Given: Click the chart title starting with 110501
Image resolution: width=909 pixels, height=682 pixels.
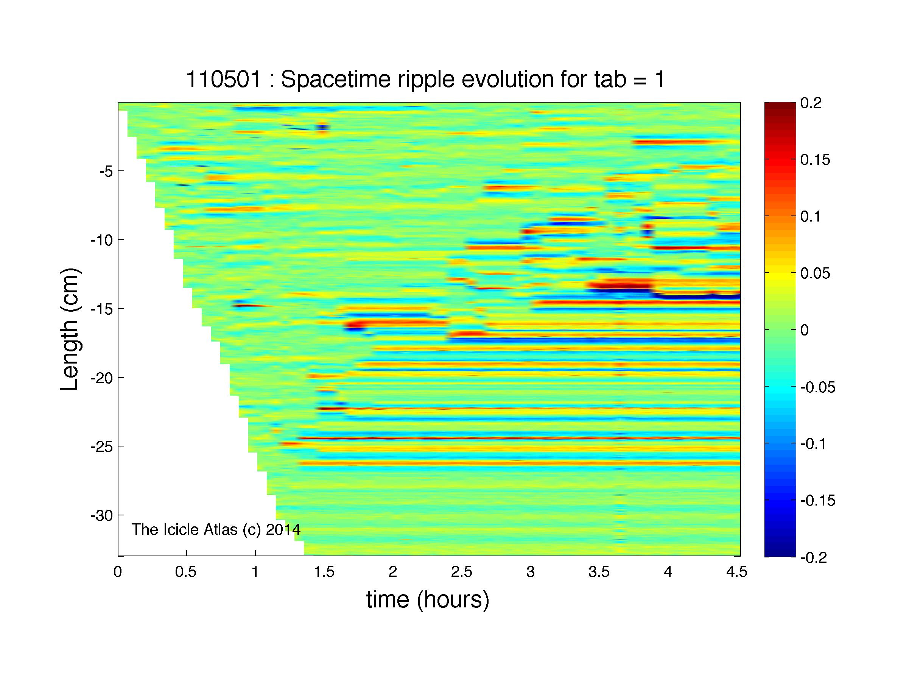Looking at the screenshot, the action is click(425, 80).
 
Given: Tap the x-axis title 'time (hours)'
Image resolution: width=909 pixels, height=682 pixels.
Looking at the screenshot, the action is click(428, 600).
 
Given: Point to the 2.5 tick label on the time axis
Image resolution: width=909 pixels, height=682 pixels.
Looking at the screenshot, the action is click(461, 572).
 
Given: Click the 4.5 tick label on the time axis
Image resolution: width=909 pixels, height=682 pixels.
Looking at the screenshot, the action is click(736, 572).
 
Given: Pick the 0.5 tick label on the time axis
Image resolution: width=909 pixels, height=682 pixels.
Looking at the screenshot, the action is click(186, 572).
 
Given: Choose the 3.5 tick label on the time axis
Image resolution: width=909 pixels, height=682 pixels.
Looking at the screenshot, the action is click(599, 572).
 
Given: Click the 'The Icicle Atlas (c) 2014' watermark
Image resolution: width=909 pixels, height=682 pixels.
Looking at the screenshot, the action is click(216, 529).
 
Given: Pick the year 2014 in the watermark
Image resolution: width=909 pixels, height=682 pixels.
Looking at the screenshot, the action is click(283, 529).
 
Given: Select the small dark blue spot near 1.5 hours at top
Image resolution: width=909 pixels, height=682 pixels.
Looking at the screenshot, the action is click(322, 127).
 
